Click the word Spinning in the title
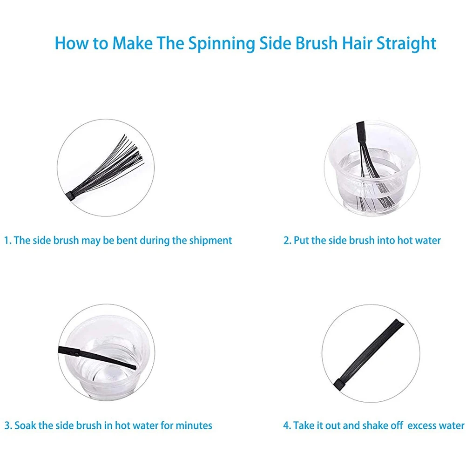(222, 43)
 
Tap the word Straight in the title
(406, 43)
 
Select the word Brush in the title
(317, 43)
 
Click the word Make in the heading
(132, 43)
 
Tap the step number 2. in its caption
(287, 240)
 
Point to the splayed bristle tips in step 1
(134, 152)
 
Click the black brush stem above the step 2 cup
(361, 132)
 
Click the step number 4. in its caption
(287, 425)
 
